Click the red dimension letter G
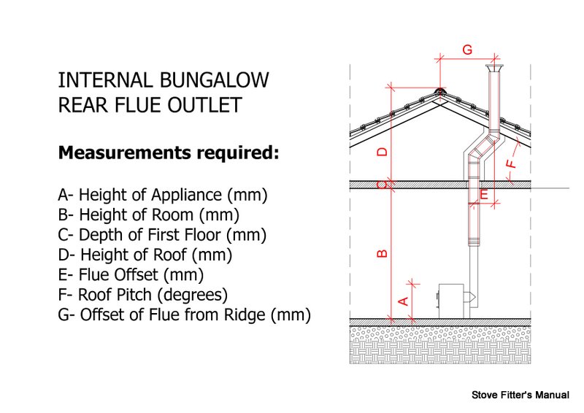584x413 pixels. [x=467, y=50]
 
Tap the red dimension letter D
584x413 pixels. [x=383, y=152]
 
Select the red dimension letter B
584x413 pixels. [x=383, y=254]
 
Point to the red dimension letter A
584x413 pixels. [x=404, y=301]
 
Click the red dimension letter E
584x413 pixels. [x=484, y=194]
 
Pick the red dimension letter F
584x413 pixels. [x=512, y=164]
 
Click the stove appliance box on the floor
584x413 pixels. [x=451, y=301]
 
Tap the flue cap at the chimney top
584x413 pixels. [x=494, y=69]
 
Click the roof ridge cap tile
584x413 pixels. [x=440, y=91]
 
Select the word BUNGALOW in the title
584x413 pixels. [x=214, y=80]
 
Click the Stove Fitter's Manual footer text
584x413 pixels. [x=520, y=395]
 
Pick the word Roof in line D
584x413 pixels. [x=169, y=255]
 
